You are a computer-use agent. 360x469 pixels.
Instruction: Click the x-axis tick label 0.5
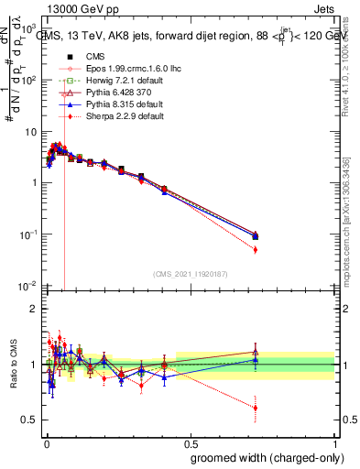pyautogui.click(x=191, y=442)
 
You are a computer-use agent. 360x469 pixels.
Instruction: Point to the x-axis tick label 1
pyautogui.click(x=335, y=442)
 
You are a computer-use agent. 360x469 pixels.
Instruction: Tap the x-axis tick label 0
pyautogui.click(x=46, y=442)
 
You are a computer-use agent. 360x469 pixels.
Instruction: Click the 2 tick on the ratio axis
pyautogui.click(x=34, y=309)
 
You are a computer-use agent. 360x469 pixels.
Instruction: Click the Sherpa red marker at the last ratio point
pyautogui.click(x=256, y=408)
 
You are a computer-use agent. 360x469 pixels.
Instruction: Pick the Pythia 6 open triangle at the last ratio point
pyautogui.click(x=256, y=351)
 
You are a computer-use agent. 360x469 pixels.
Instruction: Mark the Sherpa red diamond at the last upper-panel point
pyautogui.click(x=256, y=249)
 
